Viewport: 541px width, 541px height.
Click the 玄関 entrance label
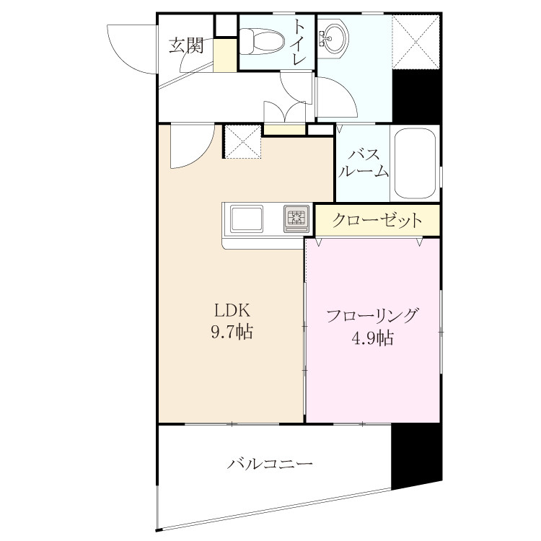[x=186, y=45]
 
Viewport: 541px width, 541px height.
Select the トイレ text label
[x=299, y=42]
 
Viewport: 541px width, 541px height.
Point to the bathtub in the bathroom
[x=414, y=163]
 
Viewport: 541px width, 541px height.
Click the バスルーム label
[x=364, y=163]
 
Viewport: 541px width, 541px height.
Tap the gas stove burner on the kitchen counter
[x=296, y=219]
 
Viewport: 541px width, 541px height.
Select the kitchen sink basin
[x=247, y=219]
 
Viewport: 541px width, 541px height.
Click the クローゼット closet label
[x=377, y=220]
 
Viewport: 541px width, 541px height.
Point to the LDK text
[x=232, y=310]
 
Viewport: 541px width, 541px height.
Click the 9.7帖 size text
[x=232, y=332]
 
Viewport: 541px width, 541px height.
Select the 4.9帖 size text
[x=373, y=338]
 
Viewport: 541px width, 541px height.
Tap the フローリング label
[x=373, y=316]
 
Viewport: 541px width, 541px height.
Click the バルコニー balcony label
[x=270, y=463]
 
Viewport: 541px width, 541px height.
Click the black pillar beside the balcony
[x=417, y=455]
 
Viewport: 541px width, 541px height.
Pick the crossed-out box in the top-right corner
[x=416, y=42]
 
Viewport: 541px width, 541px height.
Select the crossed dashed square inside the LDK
[x=243, y=141]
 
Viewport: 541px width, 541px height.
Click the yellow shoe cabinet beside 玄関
[x=225, y=56]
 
